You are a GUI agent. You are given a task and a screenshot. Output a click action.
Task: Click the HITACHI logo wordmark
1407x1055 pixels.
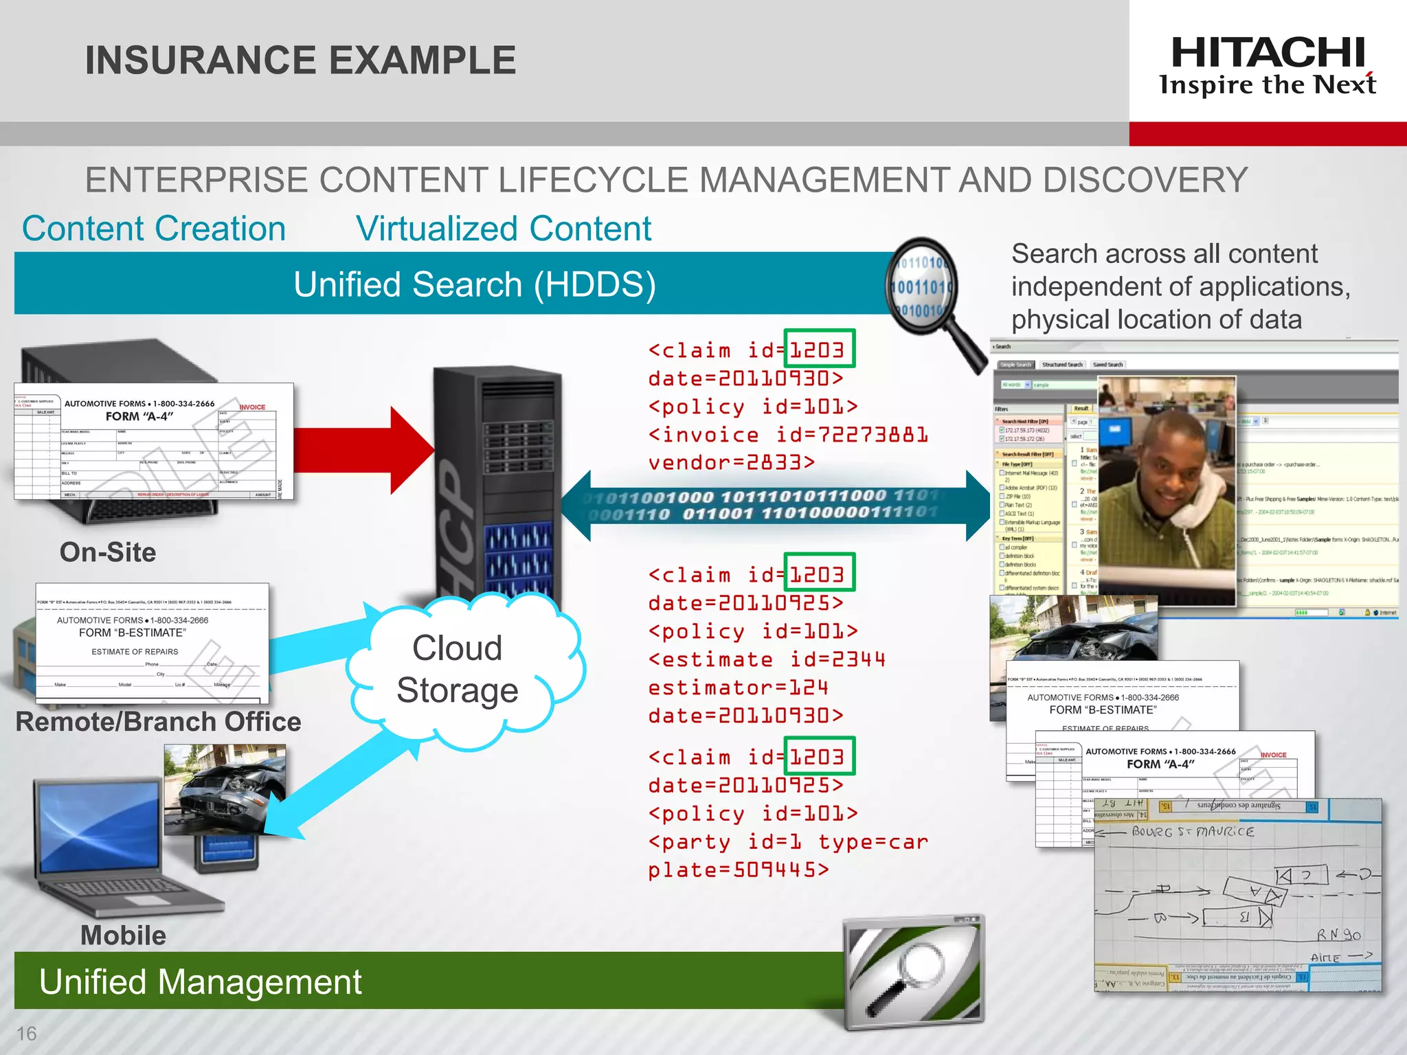tap(1268, 54)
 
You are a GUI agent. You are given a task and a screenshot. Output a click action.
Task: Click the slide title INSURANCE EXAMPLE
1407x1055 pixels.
tap(300, 60)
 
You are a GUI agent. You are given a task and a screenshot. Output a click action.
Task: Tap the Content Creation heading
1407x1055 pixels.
tap(154, 229)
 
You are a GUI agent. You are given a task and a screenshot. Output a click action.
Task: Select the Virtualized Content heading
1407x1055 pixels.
tap(504, 229)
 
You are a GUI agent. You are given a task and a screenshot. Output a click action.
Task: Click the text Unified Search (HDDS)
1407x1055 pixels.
tap(474, 284)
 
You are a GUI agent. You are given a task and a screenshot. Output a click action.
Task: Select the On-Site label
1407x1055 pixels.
tap(108, 552)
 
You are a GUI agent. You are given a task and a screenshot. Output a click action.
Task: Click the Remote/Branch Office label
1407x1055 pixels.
tap(158, 722)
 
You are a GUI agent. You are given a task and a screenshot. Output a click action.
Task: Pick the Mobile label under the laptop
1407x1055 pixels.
tap(123, 935)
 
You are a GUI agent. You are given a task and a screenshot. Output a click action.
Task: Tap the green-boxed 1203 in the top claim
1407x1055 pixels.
tap(818, 350)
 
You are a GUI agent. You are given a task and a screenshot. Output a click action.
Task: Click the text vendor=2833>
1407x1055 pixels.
tap(732, 462)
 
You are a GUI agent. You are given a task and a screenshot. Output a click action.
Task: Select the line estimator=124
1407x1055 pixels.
tap(739, 688)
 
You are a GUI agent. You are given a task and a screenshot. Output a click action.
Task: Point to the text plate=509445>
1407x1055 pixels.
tap(739, 870)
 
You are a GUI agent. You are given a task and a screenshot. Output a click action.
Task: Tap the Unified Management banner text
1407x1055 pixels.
tap(200, 982)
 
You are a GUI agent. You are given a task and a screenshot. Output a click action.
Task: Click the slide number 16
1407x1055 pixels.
tap(26, 1034)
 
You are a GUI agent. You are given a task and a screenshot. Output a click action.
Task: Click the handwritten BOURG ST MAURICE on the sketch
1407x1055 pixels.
tap(1193, 832)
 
